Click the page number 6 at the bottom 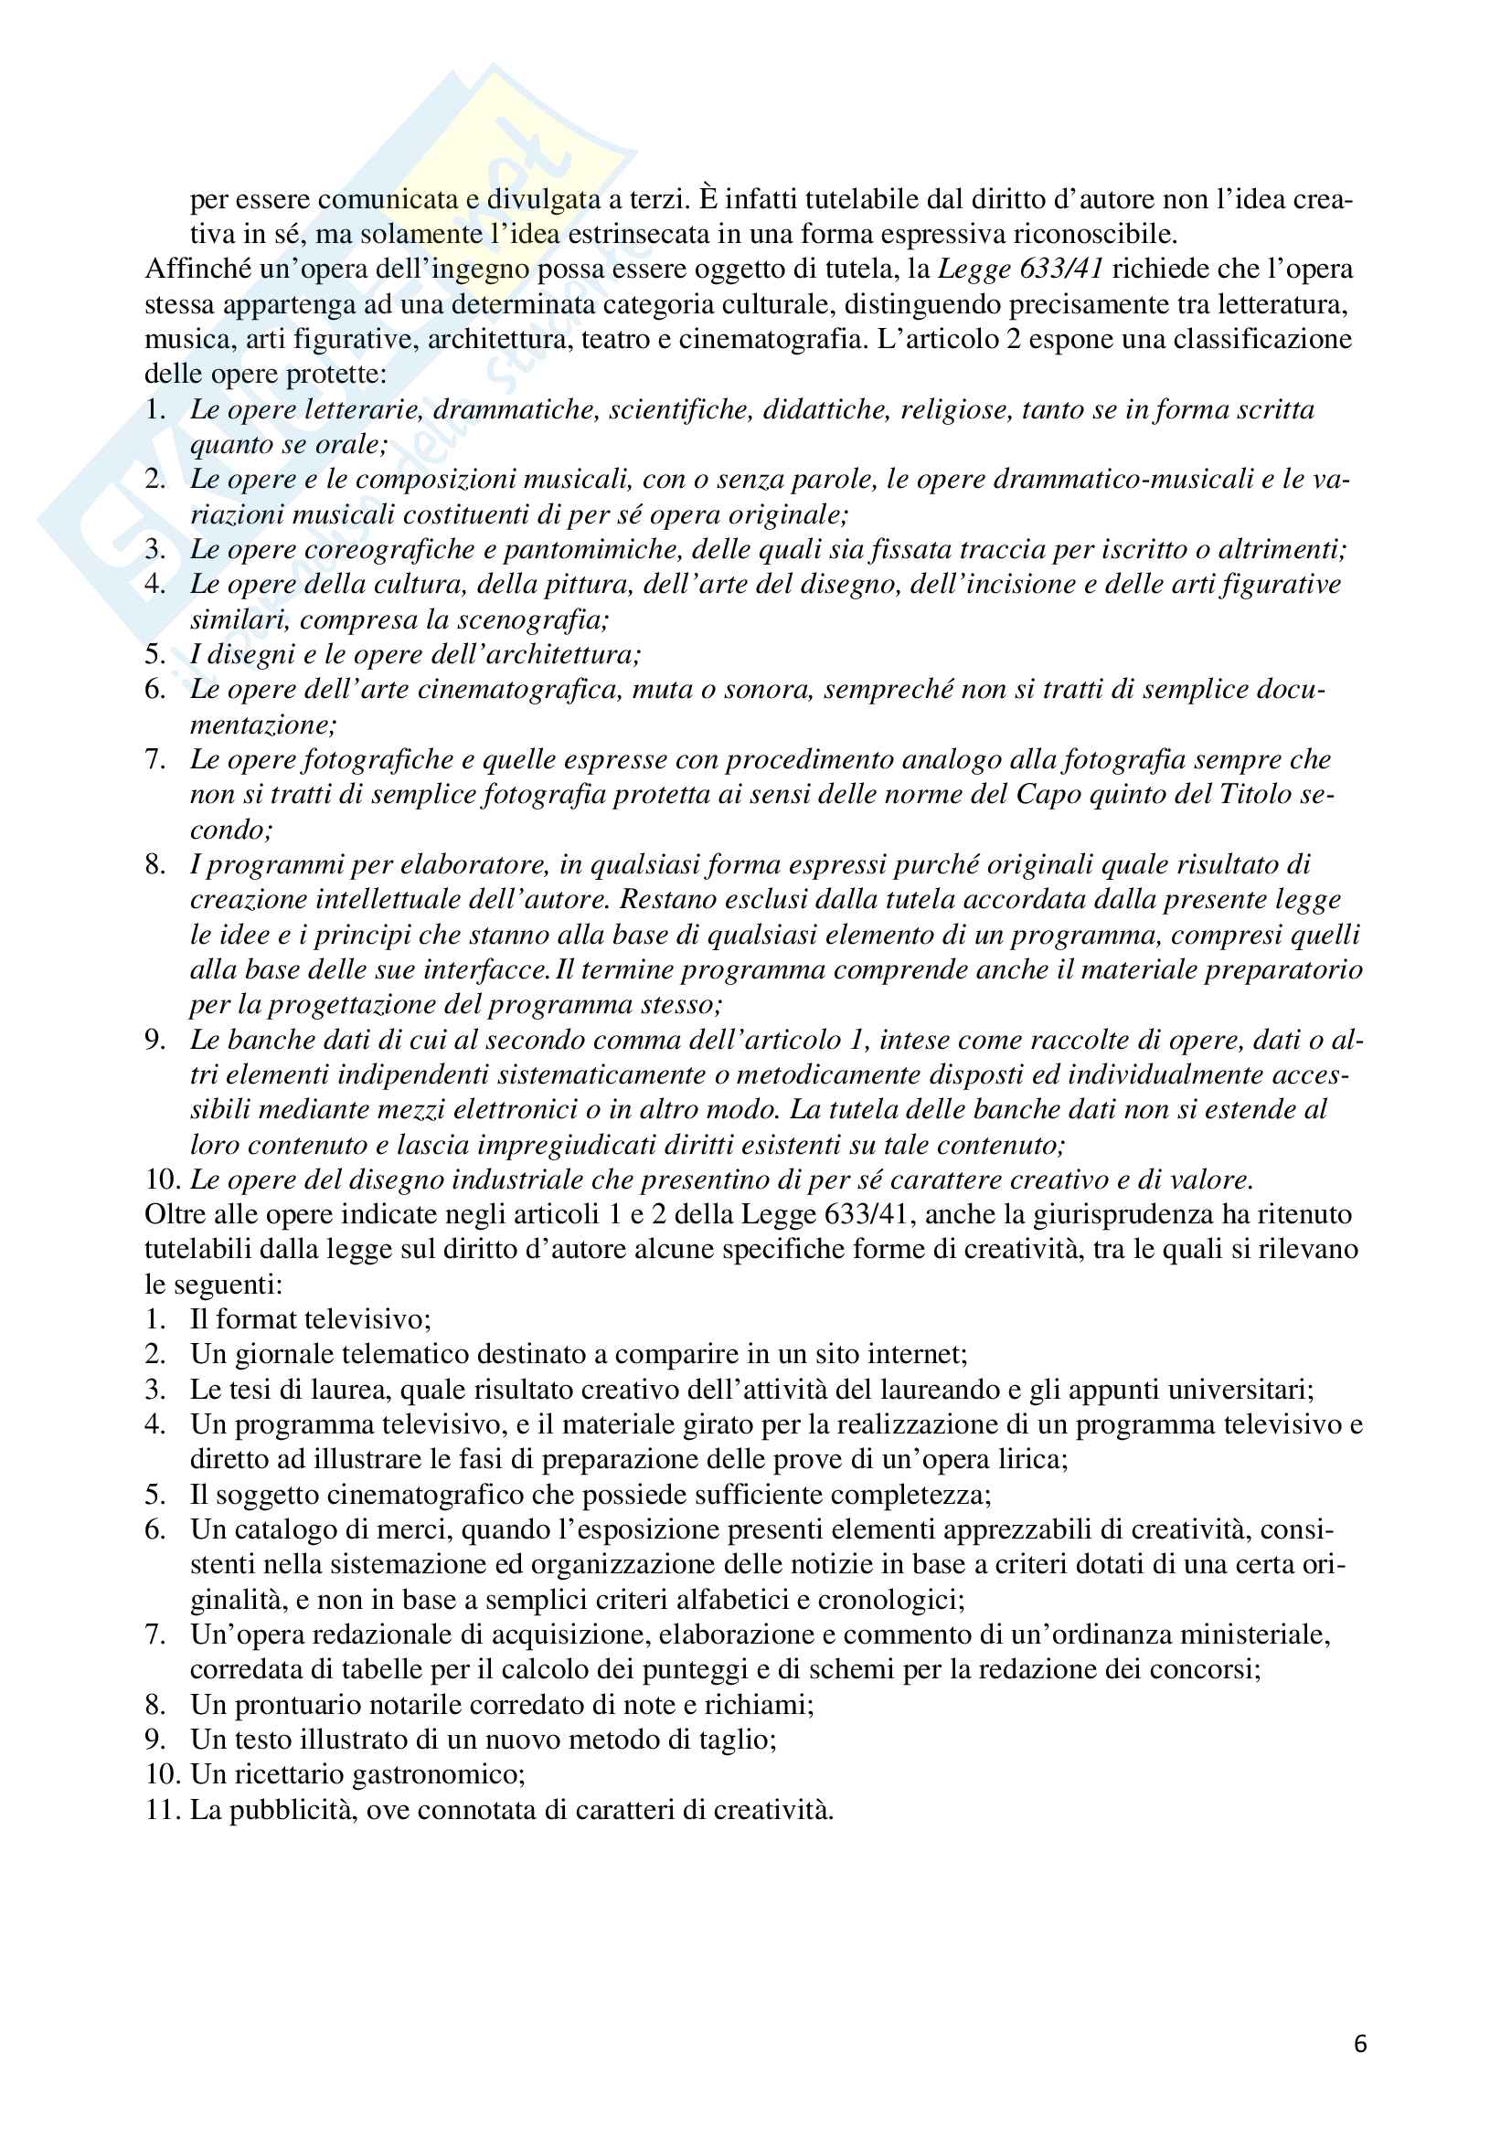(x=1360, y=2043)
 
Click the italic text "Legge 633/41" (x=1020, y=269)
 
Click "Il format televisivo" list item (x=310, y=1319)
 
